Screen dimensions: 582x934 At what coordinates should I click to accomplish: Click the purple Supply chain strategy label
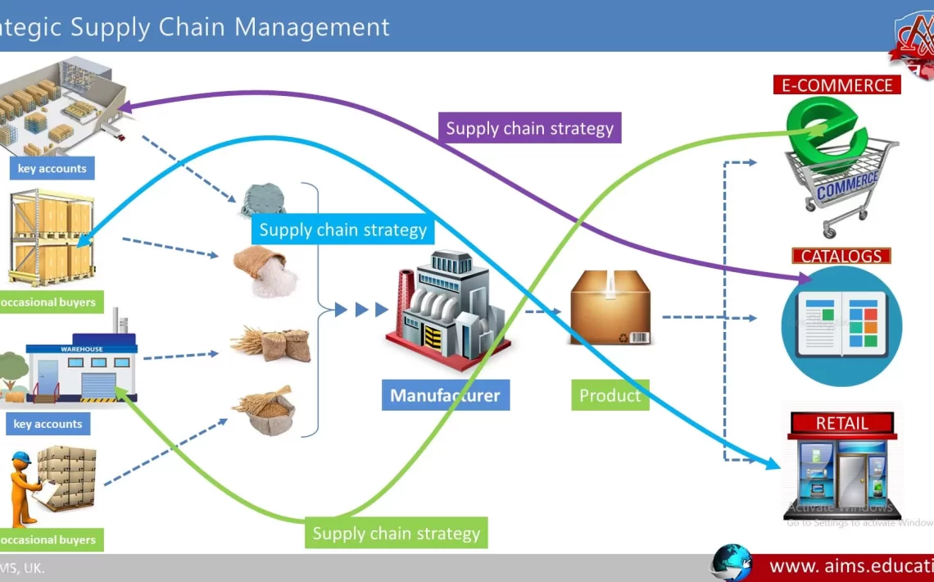tap(529, 129)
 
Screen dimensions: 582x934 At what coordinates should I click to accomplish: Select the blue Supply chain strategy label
tap(342, 230)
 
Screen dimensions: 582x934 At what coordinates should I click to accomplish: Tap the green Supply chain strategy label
tap(396, 534)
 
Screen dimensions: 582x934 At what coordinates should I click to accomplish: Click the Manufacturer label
tap(445, 395)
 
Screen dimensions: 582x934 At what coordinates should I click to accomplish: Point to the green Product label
tap(610, 395)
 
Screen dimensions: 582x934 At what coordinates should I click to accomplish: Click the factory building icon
tap(449, 310)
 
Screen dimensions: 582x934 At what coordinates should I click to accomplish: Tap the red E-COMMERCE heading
tap(837, 85)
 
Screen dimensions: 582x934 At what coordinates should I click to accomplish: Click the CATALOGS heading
tap(841, 256)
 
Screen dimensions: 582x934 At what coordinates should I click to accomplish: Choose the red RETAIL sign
tap(841, 424)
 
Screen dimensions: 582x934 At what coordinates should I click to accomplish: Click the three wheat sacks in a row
tap(270, 343)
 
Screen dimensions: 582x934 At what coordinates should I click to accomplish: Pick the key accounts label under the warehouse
tap(48, 424)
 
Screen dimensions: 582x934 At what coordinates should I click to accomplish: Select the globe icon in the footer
tap(731, 564)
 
